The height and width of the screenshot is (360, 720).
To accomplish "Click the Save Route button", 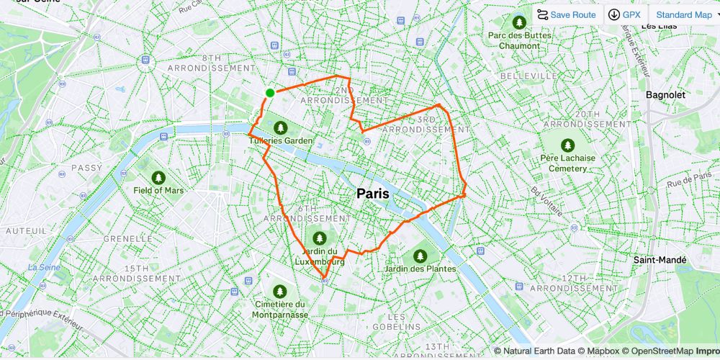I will tap(566, 14).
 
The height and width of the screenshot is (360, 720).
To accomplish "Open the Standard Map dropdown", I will tap(684, 14).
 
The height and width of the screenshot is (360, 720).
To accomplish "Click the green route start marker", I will tap(270, 92).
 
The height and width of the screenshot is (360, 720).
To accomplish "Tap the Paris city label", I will tap(373, 194).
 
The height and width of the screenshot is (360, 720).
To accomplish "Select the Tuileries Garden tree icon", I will tap(281, 127).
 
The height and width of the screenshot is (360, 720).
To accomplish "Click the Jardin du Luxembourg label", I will tap(319, 256).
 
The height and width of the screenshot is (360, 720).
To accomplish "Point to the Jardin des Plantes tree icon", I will tap(420, 256).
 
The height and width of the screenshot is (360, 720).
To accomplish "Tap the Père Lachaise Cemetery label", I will tap(568, 163).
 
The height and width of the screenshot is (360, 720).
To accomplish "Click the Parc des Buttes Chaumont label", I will tap(518, 40).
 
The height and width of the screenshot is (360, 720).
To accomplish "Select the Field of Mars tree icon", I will tap(158, 177).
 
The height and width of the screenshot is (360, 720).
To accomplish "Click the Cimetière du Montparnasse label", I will tap(279, 310).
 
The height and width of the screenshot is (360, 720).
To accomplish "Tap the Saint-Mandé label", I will tap(660, 260).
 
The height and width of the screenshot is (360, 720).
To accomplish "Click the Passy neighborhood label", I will tap(87, 168).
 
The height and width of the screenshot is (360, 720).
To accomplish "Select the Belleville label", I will tap(528, 76).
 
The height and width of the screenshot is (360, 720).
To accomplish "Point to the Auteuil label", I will tap(26, 230).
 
